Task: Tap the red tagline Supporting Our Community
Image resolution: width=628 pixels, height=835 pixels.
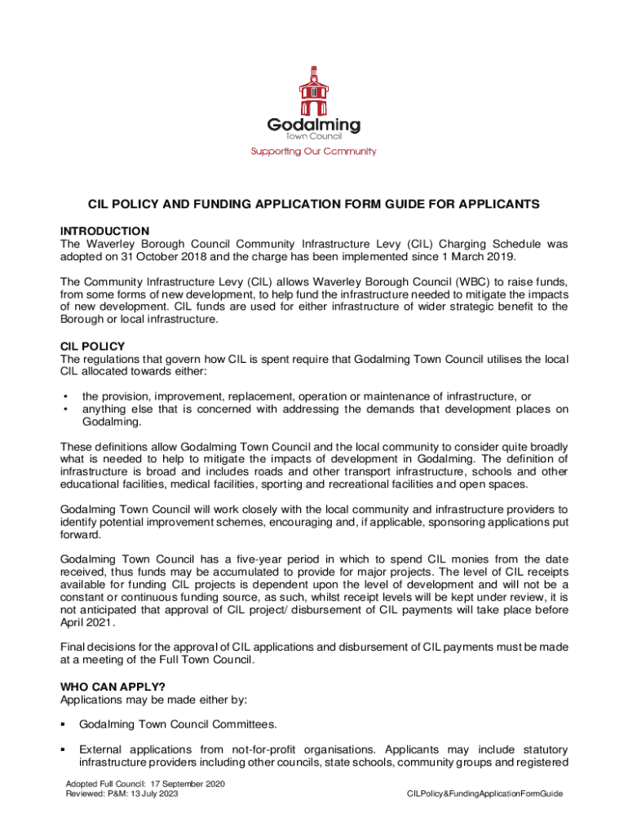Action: (313, 151)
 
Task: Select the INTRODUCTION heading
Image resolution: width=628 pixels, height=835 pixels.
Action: (104, 231)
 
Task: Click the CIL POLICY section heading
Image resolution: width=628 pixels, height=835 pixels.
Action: (92, 346)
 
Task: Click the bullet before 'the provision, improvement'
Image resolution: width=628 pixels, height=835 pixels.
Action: (64, 396)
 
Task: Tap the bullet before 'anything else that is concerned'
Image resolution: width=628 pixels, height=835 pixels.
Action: (64, 409)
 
